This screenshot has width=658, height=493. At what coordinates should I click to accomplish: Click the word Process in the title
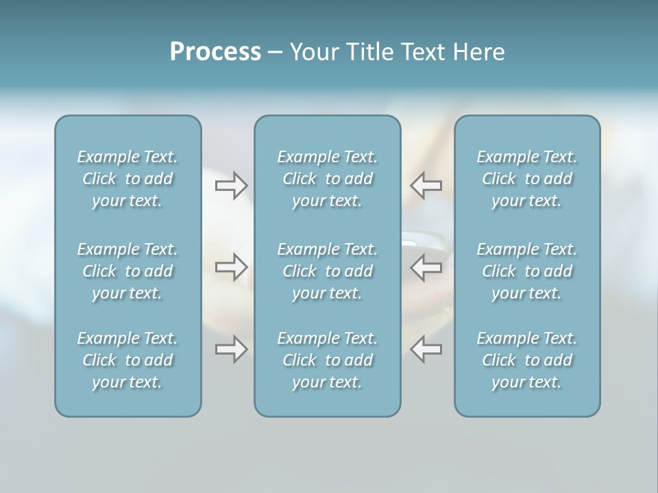click(x=215, y=52)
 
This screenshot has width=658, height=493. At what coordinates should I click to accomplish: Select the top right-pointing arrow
click(x=231, y=185)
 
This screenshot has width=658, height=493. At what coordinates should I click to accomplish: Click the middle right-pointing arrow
click(x=231, y=267)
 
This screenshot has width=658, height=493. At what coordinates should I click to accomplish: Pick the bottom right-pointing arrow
click(x=231, y=349)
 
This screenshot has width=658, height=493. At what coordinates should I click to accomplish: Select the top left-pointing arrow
click(x=426, y=185)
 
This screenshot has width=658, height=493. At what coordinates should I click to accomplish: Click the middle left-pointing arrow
click(x=426, y=267)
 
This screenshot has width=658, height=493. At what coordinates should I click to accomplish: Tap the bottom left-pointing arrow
click(x=426, y=349)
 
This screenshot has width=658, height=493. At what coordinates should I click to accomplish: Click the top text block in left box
click(x=127, y=179)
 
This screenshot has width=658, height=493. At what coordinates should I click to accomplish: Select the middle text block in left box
click(x=127, y=271)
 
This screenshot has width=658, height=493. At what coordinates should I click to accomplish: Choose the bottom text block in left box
click(x=127, y=360)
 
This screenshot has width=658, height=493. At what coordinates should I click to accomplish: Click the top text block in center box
click(x=327, y=179)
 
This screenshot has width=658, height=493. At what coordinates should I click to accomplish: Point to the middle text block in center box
click(x=327, y=271)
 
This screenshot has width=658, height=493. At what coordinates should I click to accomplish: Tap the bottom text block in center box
click(x=327, y=360)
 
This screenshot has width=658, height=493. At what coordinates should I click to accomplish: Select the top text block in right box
click(x=526, y=179)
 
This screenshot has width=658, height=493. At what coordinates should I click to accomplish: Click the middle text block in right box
click(x=526, y=271)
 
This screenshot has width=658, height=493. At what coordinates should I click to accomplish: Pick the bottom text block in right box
click(x=526, y=360)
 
